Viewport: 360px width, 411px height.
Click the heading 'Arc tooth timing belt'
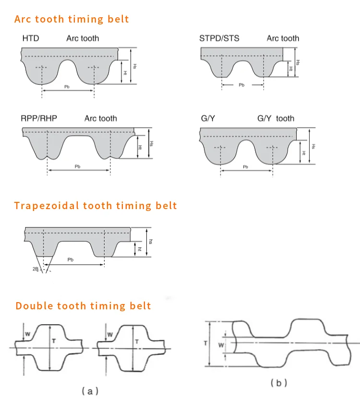point(72,19)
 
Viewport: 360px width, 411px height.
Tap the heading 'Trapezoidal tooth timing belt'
point(96,206)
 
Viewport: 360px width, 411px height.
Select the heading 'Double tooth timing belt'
point(84,306)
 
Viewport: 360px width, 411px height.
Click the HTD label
point(31,38)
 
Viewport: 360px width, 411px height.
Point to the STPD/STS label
point(219,38)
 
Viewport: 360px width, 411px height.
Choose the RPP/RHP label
point(39,118)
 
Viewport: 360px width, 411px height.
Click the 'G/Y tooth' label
point(276,118)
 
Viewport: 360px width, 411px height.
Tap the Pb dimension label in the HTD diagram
point(67,87)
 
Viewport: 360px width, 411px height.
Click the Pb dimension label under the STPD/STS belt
point(241,85)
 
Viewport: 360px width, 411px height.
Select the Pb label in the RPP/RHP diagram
point(78,166)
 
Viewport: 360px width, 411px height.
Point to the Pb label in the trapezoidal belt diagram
point(71,259)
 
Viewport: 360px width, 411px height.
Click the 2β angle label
point(35,269)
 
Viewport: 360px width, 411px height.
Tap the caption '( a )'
point(90,391)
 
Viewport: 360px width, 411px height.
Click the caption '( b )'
point(279,383)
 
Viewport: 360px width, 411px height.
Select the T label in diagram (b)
point(205,343)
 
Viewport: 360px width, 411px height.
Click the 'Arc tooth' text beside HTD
point(83,38)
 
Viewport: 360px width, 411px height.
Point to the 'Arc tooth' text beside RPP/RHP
point(101,118)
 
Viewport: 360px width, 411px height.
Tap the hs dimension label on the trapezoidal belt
point(150,242)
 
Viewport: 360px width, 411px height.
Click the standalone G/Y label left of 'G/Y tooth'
point(207,118)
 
